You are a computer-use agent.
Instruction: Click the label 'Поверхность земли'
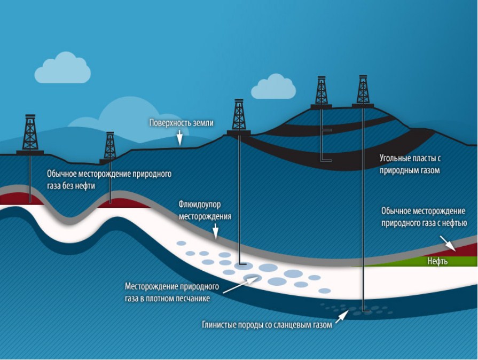[x=182, y=123]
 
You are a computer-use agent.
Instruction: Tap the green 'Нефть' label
[x=437, y=262]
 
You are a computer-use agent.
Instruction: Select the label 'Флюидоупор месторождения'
[x=205, y=210]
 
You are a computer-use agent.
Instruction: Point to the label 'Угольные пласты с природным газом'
[x=410, y=165]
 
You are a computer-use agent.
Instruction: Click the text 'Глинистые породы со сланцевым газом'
[x=267, y=324]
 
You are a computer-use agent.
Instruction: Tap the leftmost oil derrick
[x=30, y=135]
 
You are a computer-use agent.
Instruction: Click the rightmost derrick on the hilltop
[x=363, y=91]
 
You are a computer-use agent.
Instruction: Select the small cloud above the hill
[x=273, y=88]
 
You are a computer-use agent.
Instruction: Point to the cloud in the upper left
[x=62, y=68]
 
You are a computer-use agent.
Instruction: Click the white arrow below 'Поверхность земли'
[x=180, y=138]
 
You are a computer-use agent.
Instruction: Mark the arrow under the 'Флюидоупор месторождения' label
[x=216, y=231]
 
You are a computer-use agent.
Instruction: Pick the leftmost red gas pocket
[x=14, y=199]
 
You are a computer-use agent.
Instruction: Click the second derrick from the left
[x=109, y=147]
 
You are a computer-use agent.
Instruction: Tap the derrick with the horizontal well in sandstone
[x=238, y=116]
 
